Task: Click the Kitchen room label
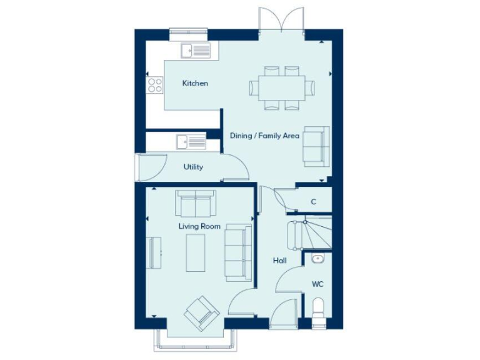pyautogui.click(x=194, y=83)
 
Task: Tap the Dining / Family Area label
pyautogui.click(x=264, y=136)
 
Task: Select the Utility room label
pyautogui.click(x=193, y=167)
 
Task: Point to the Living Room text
pyautogui.click(x=199, y=226)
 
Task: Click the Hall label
pyautogui.click(x=279, y=260)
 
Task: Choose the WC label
pyautogui.click(x=317, y=284)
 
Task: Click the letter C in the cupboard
pyautogui.click(x=313, y=202)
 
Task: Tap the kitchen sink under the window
pyautogui.click(x=196, y=51)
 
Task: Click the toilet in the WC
pyautogui.click(x=318, y=310)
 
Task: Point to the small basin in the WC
pyautogui.click(x=317, y=258)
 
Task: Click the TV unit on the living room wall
pyautogui.click(x=154, y=252)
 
